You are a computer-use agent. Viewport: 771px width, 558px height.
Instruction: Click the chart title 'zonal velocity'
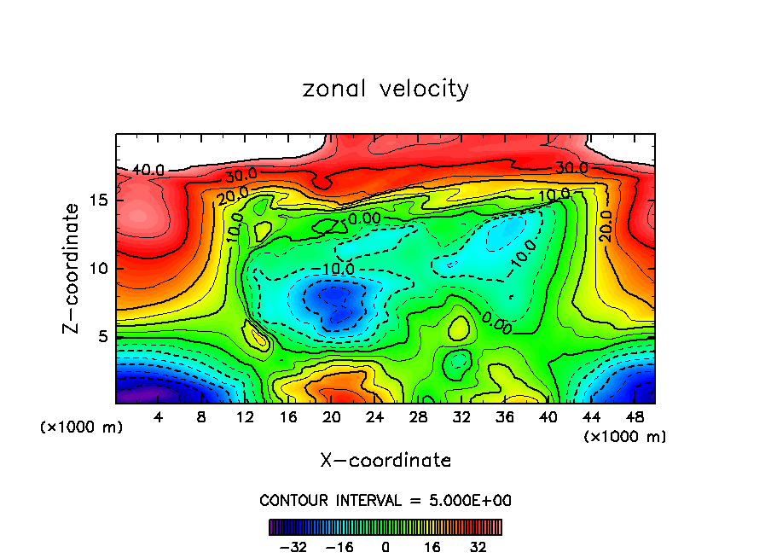[x=385, y=89]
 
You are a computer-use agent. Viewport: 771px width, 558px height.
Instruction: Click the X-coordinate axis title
[x=385, y=461]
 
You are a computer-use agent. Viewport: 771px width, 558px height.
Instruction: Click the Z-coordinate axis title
[x=73, y=268]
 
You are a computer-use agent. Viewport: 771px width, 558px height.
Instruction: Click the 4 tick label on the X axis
[x=159, y=416]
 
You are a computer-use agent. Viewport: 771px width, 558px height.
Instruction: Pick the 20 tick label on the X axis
[x=332, y=416]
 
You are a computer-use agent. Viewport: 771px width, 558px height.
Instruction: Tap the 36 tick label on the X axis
[x=506, y=416]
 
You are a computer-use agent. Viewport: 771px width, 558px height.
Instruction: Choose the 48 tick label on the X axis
[x=635, y=416]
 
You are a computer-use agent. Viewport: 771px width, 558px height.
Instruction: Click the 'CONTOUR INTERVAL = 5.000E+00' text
[x=385, y=500]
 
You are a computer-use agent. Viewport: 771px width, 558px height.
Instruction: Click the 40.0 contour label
[x=148, y=171]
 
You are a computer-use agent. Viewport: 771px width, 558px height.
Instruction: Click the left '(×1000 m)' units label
[x=82, y=427]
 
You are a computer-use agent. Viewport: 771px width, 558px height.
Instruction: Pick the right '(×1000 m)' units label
[x=625, y=437]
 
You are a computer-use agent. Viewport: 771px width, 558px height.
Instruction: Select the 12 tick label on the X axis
[x=245, y=416]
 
